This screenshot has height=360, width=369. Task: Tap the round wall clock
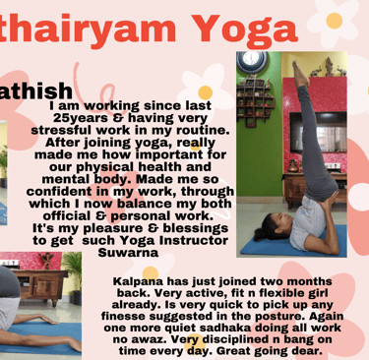click(x=252, y=60)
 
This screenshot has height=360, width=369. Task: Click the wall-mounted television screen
click(x=318, y=132)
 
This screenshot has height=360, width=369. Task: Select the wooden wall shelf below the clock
click(x=255, y=101)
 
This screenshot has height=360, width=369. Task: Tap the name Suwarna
click(x=128, y=253)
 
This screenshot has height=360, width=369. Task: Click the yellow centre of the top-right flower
click(x=335, y=21)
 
